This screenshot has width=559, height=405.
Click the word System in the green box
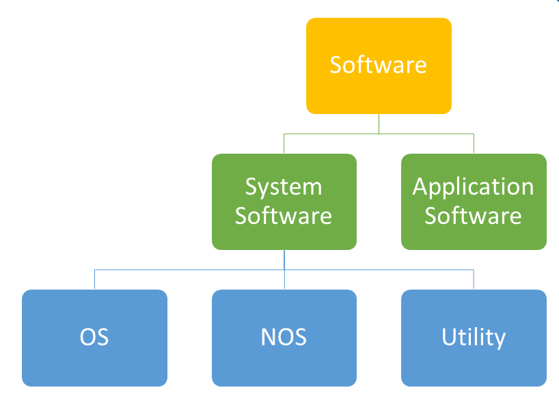tap(284, 186)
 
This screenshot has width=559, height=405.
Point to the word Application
tap(474, 186)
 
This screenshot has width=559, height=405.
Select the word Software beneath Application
tap(474, 216)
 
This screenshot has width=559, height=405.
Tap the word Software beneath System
tap(284, 216)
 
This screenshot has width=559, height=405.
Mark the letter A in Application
tap(420, 186)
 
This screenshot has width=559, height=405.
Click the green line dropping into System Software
tap(284, 144)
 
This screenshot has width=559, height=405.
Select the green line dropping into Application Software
tap(474, 144)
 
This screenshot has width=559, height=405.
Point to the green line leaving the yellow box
tap(379, 124)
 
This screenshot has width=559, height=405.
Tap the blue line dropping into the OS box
tap(94, 280)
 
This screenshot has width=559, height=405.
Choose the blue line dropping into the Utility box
tap(474, 280)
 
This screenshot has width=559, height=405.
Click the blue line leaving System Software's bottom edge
tap(284, 260)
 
